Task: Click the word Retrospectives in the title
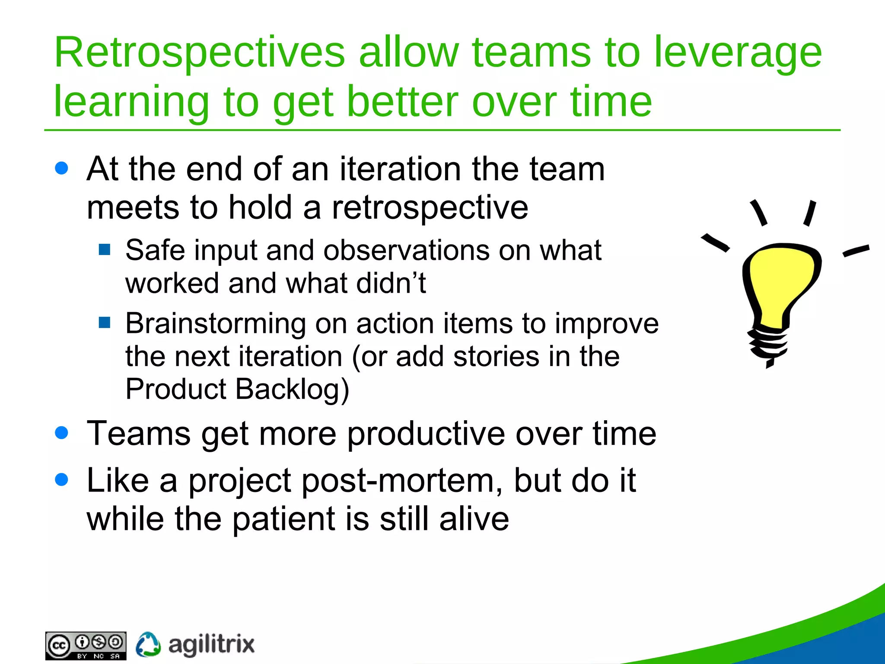click(x=199, y=53)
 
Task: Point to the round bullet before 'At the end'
click(x=62, y=168)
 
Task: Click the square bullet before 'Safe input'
click(x=105, y=249)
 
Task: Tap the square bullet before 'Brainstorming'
click(x=105, y=322)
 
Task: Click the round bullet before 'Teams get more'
click(x=62, y=433)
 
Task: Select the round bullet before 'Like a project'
click(x=62, y=479)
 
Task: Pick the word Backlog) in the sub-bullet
click(x=292, y=389)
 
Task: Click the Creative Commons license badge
click(x=86, y=646)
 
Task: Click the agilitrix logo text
click(x=211, y=645)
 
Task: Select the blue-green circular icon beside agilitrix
click(x=148, y=645)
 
